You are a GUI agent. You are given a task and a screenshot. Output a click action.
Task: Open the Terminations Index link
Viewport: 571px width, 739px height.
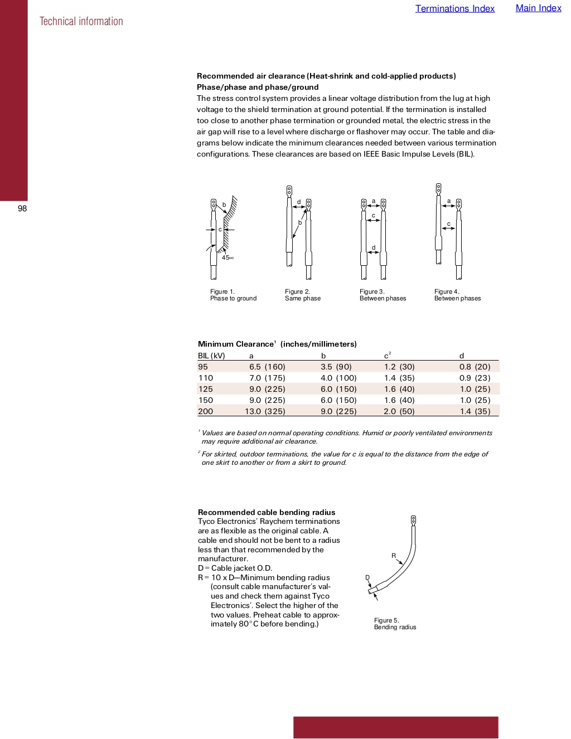click(454, 8)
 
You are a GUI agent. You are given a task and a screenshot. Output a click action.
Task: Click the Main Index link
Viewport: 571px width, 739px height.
click(538, 8)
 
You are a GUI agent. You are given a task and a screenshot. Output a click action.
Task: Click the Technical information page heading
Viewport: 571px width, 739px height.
click(81, 21)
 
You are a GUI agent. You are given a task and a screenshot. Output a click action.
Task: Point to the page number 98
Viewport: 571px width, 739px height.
click(22, 208)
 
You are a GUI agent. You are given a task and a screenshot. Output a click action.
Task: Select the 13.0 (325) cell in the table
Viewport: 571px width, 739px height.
click(265, 411)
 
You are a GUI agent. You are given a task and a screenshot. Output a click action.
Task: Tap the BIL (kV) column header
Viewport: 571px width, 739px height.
click(211, 356)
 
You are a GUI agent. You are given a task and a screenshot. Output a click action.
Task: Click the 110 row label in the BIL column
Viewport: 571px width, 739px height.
click(206, 378)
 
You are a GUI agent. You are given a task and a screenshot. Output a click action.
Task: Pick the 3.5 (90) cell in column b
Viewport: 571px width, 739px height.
click(336, 367)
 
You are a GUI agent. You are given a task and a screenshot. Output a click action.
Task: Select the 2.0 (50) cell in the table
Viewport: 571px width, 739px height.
click(399, 411)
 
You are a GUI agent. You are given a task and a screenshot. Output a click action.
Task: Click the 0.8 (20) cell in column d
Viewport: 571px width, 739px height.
click(475, 367)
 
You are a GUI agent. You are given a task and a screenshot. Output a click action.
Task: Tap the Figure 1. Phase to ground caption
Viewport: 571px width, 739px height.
click(233, 295)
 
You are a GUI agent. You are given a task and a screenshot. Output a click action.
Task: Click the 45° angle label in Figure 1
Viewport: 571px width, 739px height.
click(228, 257)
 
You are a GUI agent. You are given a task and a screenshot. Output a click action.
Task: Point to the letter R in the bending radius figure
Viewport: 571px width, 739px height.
click(394, 556)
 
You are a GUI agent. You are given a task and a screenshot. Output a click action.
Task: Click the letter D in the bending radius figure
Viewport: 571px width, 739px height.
click(367, 577)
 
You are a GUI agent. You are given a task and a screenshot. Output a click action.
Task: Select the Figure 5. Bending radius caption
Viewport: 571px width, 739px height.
click(395, 624)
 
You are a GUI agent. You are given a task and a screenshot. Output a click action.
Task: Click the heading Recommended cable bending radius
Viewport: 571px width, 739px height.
click(267, 512)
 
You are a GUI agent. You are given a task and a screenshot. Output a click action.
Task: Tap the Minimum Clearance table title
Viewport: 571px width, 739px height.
click(277, 344)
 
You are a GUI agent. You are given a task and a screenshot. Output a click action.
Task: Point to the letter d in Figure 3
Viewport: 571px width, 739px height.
click(374, 247)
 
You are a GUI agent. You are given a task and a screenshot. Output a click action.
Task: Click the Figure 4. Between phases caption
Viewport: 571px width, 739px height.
click(457, 295)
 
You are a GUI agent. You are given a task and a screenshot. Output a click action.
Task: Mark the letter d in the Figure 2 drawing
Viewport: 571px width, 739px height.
click(299, 202)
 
